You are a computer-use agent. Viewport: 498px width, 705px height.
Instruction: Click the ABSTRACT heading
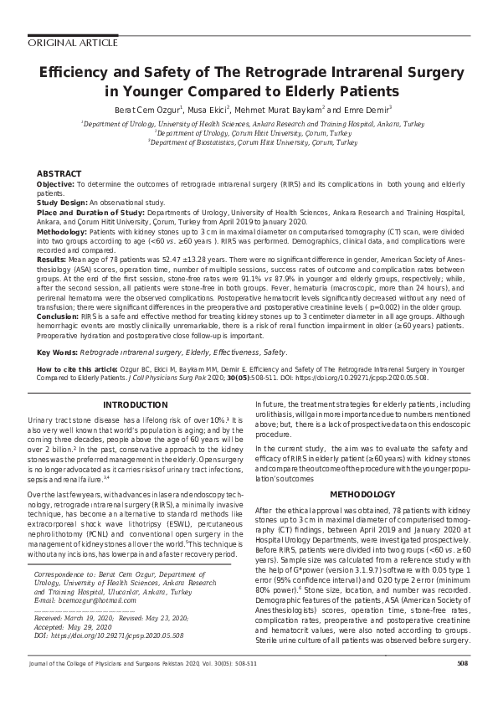[x=59, y=172]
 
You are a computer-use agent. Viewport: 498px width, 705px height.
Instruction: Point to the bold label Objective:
[x=56, y=183]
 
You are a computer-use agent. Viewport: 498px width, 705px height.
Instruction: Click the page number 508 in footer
[x=462, y=687]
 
